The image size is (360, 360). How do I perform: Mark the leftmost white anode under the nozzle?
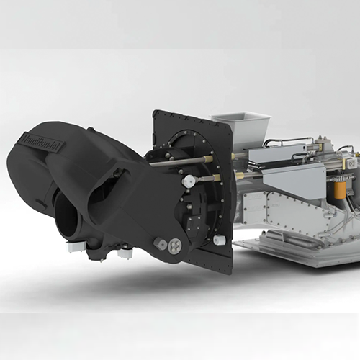pyautogui.click(x=73, y=246)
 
